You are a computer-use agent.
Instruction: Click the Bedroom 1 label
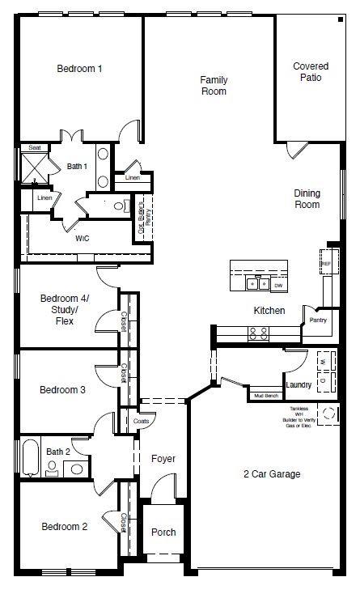click(78, 69)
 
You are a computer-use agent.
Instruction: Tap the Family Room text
click(214, 86)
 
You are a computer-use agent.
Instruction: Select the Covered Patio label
click(307, 72)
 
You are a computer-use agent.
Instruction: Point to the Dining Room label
click(307, 199)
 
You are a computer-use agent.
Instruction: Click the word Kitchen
click(269, 311)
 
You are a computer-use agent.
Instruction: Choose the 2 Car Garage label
click(271, 474)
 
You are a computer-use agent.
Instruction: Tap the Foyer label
click(163, 459)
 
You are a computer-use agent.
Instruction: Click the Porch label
click(163, 532)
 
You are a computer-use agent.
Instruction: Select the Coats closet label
click(141, 421)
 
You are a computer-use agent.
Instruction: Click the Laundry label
click(299, 385)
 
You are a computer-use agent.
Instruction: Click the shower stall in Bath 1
click(36, 168)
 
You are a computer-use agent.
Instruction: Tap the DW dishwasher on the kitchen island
click(277, 285)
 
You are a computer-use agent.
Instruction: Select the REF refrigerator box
click(326, 264)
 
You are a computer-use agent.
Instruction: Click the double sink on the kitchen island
click(258, 284)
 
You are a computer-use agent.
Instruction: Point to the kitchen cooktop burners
click(258, 331)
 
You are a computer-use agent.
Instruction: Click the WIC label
click(83, 239)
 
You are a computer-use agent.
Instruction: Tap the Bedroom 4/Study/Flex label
click(65, 310)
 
